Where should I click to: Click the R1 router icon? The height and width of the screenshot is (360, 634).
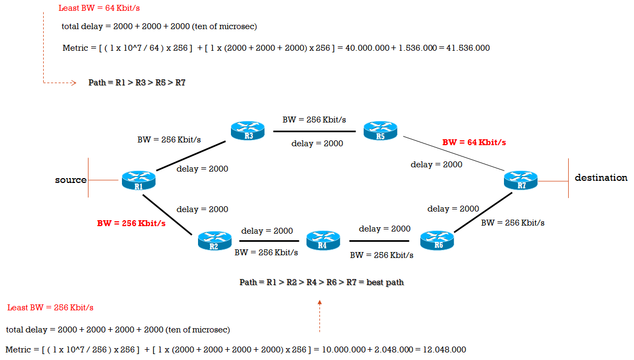coord(139,180)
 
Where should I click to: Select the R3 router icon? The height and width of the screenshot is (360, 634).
coord(248,130)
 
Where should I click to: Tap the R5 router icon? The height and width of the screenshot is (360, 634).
coord(380,130)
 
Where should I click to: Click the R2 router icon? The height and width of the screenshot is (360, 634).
coord(214,240)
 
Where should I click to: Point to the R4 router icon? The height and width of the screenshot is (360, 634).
coord(323,240)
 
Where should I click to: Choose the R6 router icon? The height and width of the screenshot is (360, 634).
coord(437,240)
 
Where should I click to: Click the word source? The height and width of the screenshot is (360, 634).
coord(71,180)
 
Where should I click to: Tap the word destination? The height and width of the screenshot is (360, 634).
coord(601,178)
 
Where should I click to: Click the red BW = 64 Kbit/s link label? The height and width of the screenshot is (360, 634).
coord(474,142)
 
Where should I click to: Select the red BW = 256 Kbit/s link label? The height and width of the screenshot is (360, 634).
coord(131,223)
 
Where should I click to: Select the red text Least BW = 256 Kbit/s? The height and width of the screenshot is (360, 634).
coord(50,308)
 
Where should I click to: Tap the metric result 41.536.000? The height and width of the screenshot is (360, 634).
coord(468,48)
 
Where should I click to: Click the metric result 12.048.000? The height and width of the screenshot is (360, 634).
coord(444,349)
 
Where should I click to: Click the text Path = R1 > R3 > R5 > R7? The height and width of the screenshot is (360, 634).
coord(137,83)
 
